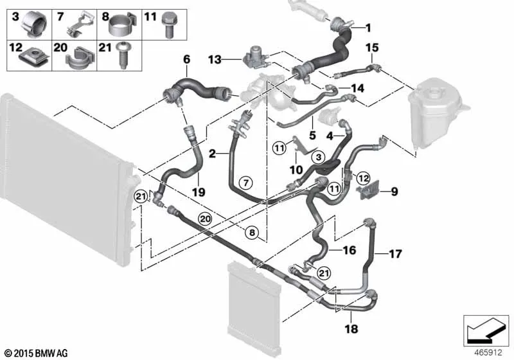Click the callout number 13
tap(215, 60)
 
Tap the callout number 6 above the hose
tap(186, 60)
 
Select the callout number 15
tap(372, 48)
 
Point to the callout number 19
tap(199, 192)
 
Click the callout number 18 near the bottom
tap(351, 328)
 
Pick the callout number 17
tap(395, 254)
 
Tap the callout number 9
tap(394, 191)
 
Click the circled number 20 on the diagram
tap(205, 219)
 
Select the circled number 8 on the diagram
tap(252, 233)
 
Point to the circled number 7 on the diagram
tap(246, 183)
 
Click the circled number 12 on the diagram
tap(362, 179)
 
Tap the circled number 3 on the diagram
tap(318, 157)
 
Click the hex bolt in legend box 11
tap(169, 24)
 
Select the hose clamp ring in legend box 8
tap(120, 24)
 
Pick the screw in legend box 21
tap(122, 55)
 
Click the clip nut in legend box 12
tap(35, 59)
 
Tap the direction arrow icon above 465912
tap(486, 331)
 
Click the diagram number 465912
tap(488, 353)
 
